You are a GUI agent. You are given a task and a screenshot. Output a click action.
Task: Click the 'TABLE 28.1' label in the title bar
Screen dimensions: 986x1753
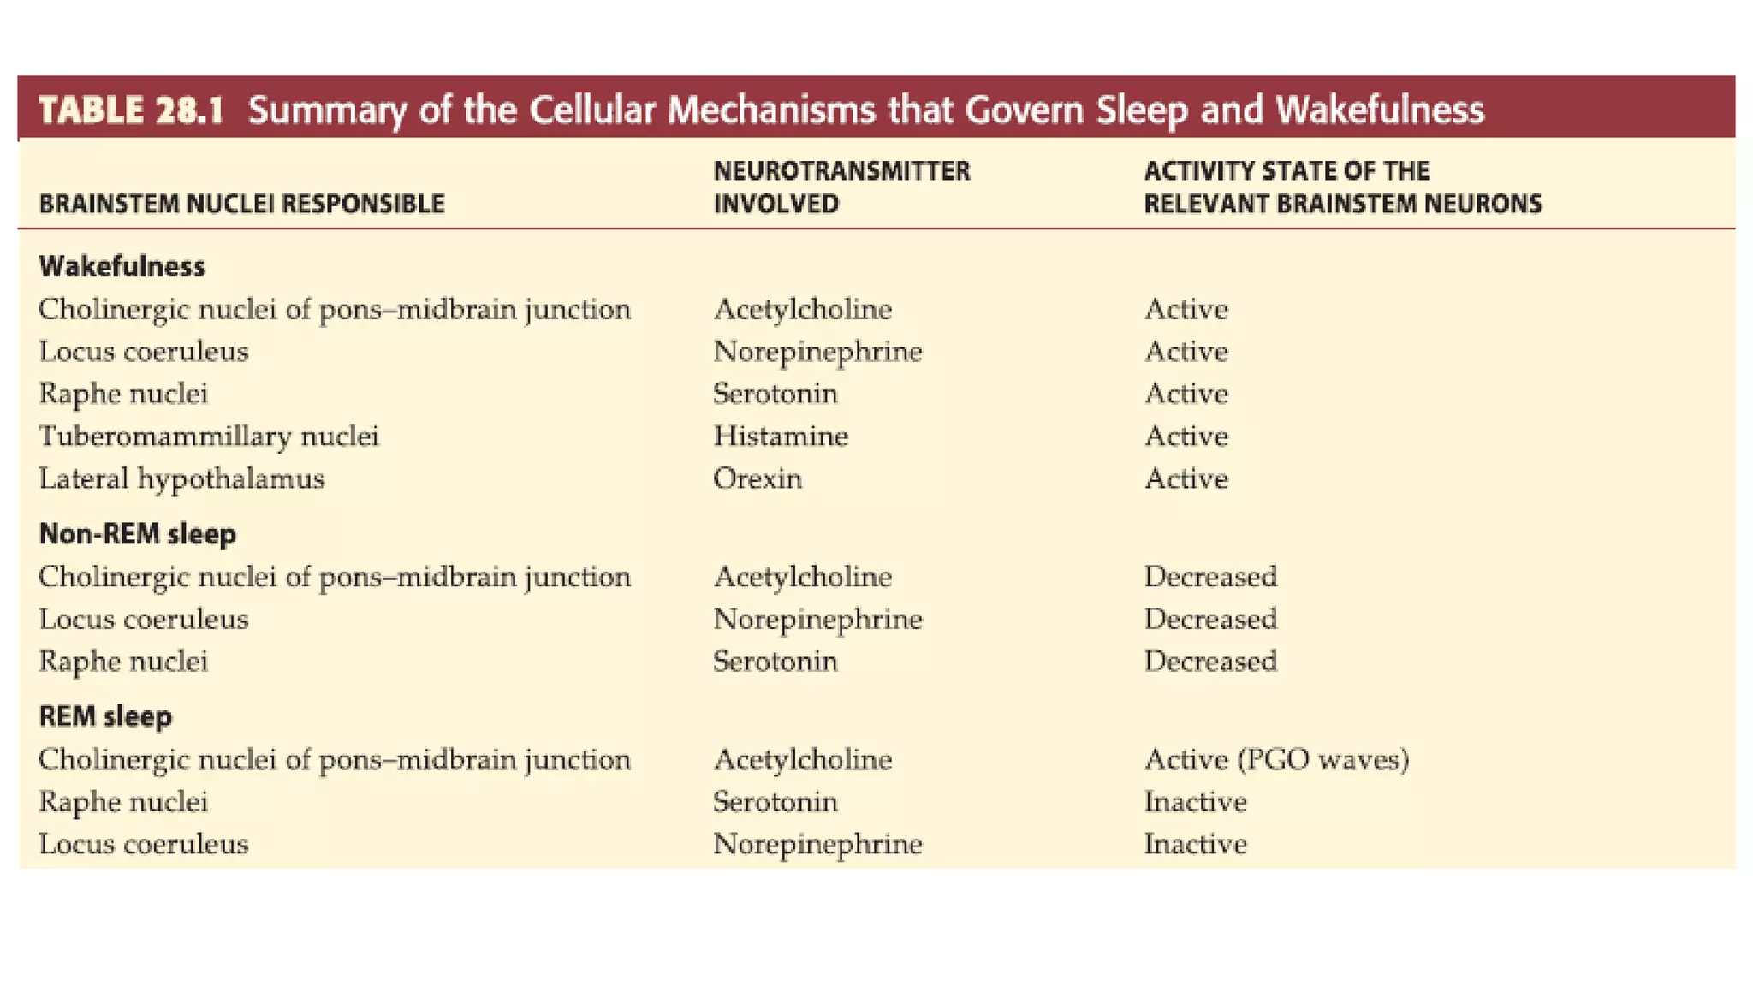coord(131,110)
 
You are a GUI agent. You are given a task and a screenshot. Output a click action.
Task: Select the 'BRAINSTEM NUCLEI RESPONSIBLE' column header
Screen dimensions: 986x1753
coord(241,204)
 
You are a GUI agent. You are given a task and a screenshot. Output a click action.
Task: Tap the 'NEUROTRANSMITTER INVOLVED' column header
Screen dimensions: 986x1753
coord(841,187)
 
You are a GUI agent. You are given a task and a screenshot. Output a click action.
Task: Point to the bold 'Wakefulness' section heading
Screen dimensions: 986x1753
coord(122,267)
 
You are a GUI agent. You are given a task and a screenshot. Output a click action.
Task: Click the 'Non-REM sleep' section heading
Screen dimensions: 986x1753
coord(137,534)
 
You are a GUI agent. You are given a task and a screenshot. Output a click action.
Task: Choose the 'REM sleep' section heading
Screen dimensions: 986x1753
coord(105,716)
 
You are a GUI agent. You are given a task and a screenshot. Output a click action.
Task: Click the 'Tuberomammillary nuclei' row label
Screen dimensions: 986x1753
coord(208,437)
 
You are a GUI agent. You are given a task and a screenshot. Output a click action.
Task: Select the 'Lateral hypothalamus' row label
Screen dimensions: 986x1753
coord(181,478)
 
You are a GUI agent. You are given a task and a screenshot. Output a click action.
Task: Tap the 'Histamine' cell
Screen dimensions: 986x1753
coord(780,437)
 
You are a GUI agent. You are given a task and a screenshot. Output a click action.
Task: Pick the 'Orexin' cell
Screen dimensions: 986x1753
coord(757,478)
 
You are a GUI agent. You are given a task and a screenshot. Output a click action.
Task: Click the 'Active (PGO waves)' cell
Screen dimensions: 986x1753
coord(1275,759)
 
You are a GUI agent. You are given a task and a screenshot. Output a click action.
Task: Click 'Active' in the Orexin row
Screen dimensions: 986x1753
coord(1186,478)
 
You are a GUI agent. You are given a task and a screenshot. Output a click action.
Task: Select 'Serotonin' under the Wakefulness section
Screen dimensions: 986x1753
coord(775,394)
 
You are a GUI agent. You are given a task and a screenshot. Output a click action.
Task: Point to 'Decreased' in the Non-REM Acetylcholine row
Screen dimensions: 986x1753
coord(1209,577)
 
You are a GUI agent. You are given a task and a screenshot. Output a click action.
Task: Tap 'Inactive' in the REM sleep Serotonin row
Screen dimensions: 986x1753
coord(1195,802)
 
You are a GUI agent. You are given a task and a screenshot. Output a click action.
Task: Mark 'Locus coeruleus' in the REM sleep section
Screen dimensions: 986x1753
coord(143,844)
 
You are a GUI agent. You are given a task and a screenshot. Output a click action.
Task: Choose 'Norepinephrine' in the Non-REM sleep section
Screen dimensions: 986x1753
coord(817,619)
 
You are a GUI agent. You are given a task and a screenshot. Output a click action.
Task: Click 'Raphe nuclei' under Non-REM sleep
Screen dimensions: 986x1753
coord(123,662)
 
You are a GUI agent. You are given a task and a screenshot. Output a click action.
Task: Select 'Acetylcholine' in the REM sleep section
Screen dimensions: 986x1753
coord(802,759)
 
